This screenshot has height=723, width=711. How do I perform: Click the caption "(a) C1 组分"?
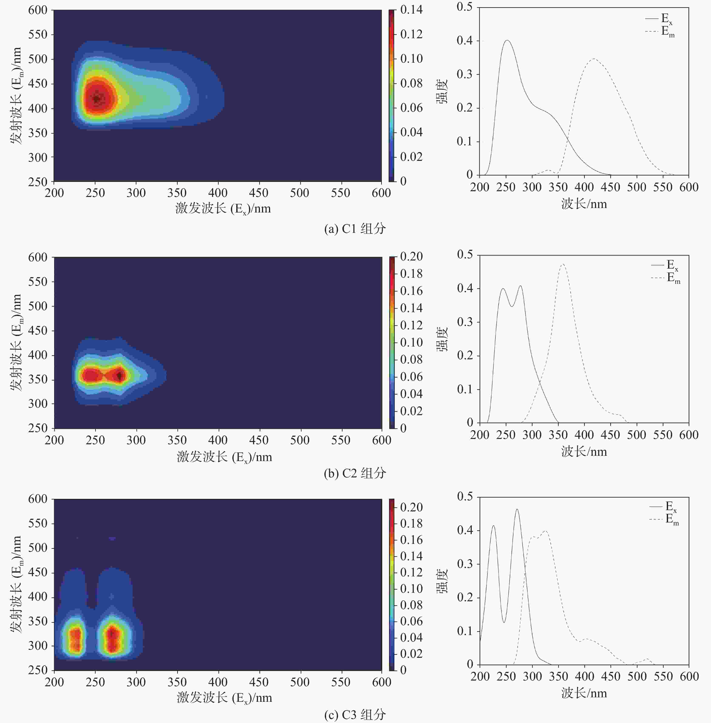(355, 229)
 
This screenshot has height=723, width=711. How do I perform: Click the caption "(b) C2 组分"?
(355, 473)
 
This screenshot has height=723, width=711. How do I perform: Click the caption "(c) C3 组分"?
(355, 715)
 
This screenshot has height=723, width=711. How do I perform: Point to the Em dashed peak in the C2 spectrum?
(562, 264)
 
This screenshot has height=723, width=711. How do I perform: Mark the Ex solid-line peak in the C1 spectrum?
(507, 40)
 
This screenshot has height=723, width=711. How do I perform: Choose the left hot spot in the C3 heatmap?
(76, 639)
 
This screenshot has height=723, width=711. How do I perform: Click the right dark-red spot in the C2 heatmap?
(119, 376)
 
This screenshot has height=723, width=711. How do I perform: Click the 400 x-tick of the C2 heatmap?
(218, 440)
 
